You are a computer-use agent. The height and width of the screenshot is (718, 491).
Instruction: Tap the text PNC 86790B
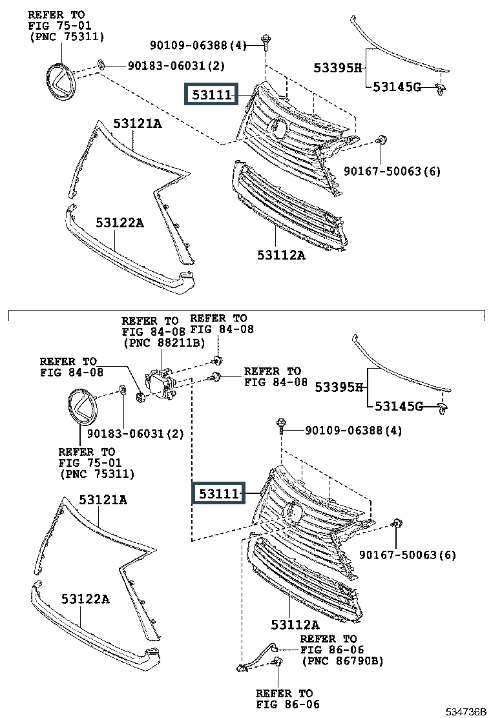(342, 661)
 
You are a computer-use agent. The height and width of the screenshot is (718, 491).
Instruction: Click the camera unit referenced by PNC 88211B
(161, 382)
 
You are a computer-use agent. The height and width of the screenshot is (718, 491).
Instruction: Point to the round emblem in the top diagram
(60, 81)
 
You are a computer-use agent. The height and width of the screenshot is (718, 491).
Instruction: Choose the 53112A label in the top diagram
(278, 254)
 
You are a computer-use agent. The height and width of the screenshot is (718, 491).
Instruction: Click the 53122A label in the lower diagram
(85, 599)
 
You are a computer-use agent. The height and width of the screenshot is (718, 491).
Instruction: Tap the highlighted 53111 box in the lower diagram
(217, 495)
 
